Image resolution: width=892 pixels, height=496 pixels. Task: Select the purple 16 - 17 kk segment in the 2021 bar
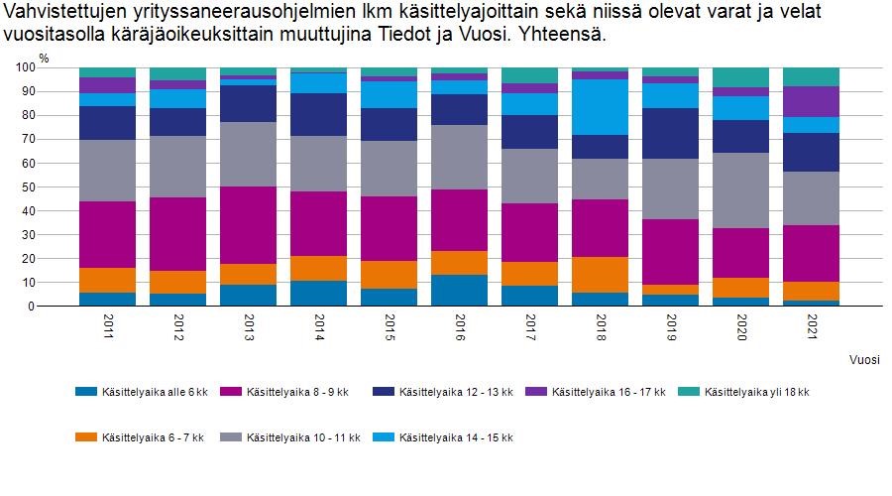811,101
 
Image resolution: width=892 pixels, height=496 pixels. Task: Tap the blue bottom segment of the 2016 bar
459,290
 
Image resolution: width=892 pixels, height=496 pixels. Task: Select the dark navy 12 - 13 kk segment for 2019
670,133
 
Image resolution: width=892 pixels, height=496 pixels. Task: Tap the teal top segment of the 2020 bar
740,77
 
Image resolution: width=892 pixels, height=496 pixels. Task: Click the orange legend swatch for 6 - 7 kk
86,437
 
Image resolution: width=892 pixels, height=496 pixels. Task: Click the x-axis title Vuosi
864,359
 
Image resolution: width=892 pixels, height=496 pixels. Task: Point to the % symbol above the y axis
43,57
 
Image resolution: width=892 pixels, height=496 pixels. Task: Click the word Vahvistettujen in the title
60,13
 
